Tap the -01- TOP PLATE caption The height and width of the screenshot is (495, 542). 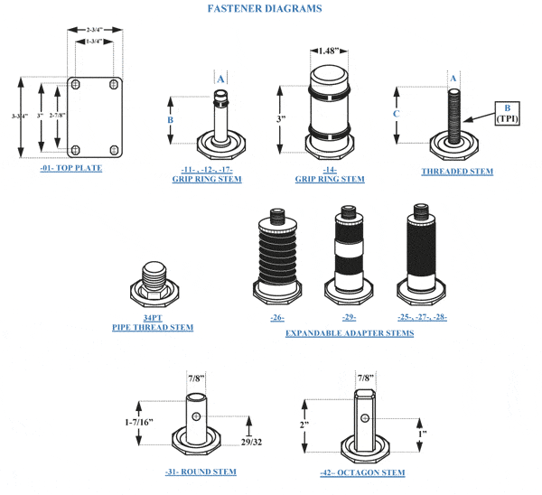pyautogui.click(x=71, y=168)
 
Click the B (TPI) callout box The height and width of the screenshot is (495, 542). pyautogui.click(x=508, y=113)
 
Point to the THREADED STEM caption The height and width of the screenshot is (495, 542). pyautogui.click(x=457, y=171)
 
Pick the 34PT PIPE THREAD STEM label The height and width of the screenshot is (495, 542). pyautogui.click(x=153, y=322)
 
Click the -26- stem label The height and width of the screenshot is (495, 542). pyautogui.click(x=277, y=317)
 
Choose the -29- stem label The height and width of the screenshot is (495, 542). pyautogui.click(x=349, y=317)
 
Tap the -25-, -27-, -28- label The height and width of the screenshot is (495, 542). pyautogui.click(x=422, y=317)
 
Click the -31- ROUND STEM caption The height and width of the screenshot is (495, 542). pyautogui.click(x=201, y=472)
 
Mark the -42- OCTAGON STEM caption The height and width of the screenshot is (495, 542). pyautogui.click(x=362, y=472)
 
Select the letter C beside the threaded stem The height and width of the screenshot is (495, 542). pyautogui.click(x=397, y=114)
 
